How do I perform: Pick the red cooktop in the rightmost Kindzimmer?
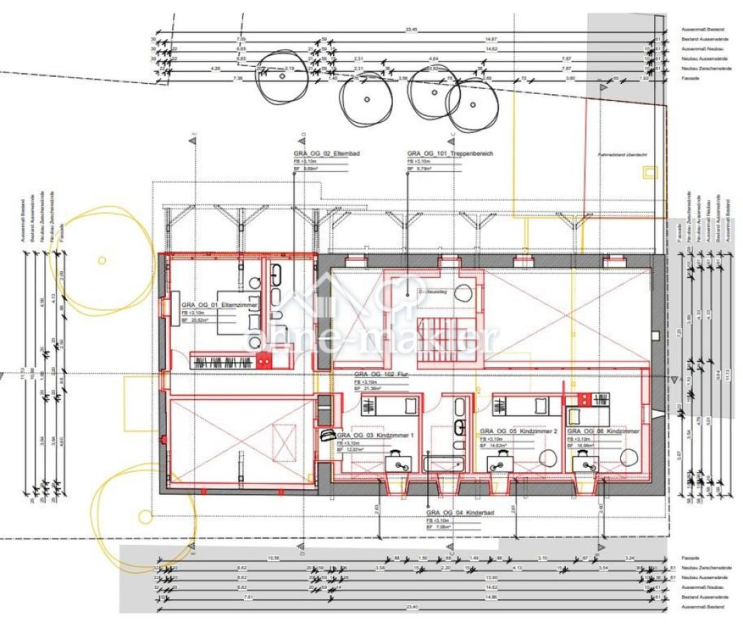tap(583, 399)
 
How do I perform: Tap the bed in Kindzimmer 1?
tap(390, 405)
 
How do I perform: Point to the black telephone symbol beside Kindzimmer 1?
tap(327, 434)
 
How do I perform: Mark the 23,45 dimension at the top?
tap(413, 30)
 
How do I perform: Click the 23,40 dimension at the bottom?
tap(417, 607)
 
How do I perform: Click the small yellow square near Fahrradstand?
tap(650, 171)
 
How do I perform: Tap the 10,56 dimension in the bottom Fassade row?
tap(274, 558)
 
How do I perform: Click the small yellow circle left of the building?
tap(102, 260)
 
